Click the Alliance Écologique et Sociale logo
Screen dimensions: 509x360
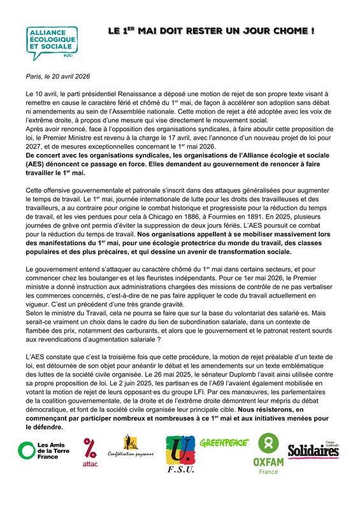pyautogui.click(x=51, y=43)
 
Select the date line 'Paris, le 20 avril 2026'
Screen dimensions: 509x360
pyautogui.click(x=58, y=76)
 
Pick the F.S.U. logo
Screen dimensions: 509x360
pyautogui.click(x=180, y=454)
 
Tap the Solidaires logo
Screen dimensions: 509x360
pyautogui.click(x=313, y=450)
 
